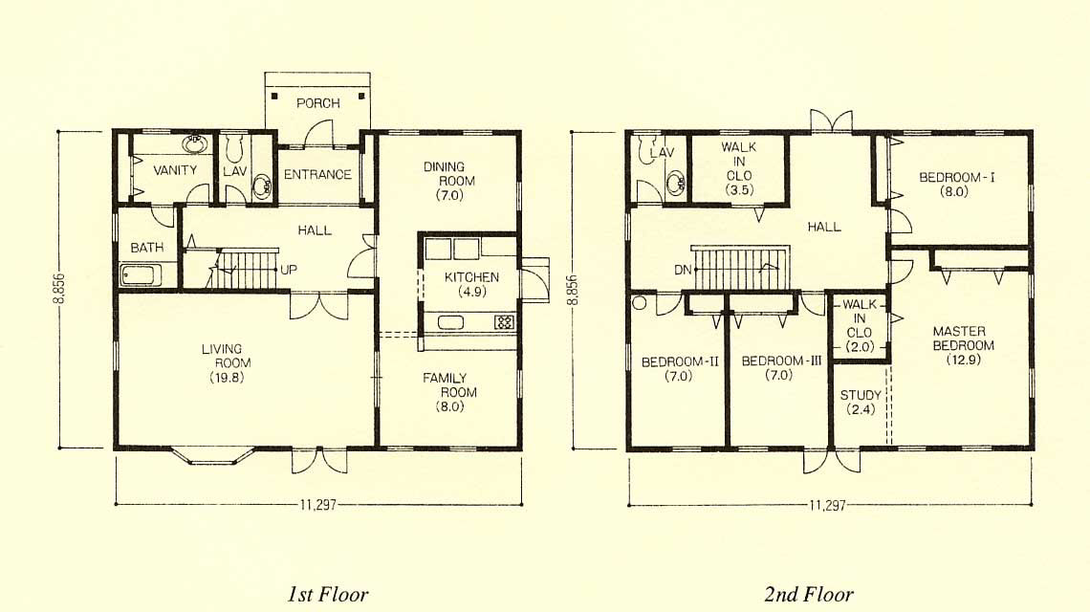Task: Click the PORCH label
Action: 317,103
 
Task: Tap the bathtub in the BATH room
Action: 142,275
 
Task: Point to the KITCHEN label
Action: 471,276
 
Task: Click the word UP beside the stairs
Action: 289,269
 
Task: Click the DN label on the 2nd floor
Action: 683,270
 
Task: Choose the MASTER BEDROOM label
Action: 963,338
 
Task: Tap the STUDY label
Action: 861,395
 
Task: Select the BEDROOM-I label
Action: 956,177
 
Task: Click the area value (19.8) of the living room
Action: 228,378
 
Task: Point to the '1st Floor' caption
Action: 327,595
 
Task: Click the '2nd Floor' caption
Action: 809,595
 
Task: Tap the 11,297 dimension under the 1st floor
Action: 317,505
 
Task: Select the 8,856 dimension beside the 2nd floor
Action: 573,290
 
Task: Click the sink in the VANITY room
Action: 195,144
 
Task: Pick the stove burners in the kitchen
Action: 504,322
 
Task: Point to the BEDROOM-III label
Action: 781,361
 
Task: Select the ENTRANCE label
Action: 317,175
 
